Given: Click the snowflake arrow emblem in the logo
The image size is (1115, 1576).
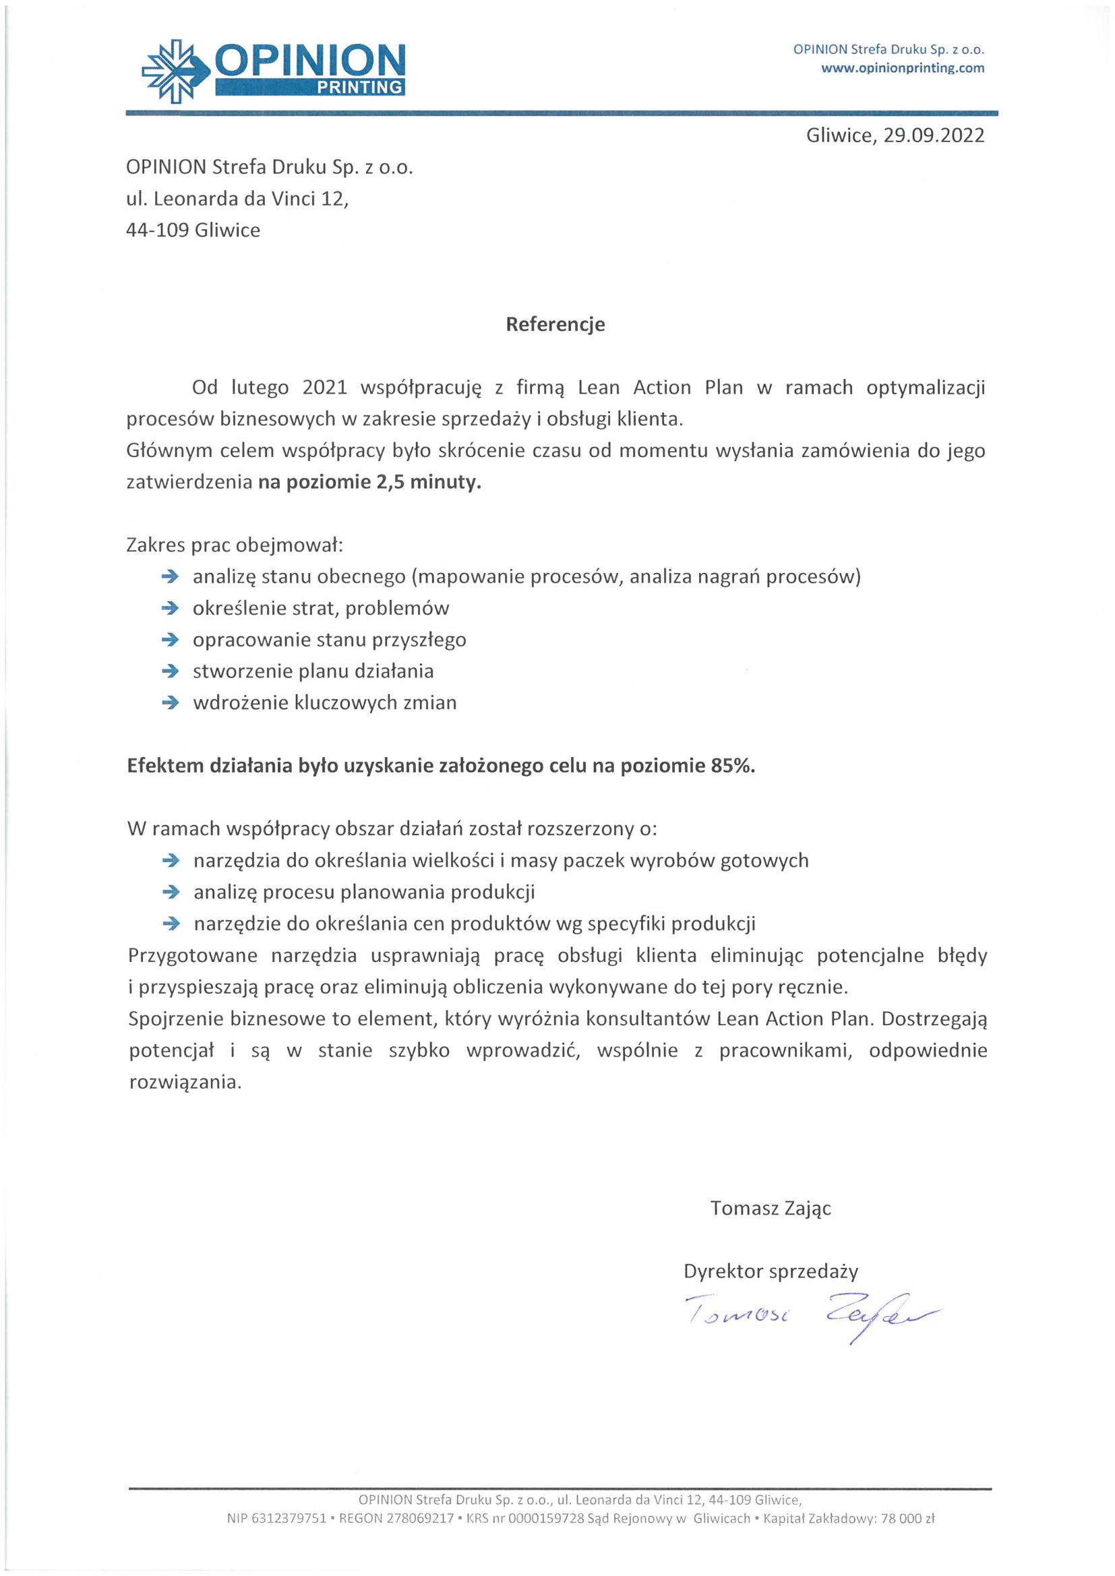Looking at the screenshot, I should [x=175, y=71].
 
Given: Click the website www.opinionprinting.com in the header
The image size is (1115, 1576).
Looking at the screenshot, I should [x=902, y=68].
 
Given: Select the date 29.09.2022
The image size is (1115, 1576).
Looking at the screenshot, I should [x=933, y=135].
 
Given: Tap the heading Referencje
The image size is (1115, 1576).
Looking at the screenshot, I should [x=555, y=324].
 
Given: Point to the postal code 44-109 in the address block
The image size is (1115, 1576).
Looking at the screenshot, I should [x=157, y=230].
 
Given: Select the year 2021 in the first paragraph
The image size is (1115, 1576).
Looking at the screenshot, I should [x=325, y=388].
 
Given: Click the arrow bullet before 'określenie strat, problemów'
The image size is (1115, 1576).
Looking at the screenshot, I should [x=170, y=608].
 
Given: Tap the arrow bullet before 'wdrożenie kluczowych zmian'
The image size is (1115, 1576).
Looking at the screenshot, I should [x=170, y=703].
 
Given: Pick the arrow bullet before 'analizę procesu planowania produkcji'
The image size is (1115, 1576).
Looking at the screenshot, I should [x=171, y=892].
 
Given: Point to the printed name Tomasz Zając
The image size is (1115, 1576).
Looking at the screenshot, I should [x=771, y=1208].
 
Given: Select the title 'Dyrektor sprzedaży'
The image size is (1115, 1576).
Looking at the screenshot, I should [x=771, y=1271].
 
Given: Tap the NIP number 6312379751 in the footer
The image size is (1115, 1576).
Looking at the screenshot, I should [x=289, y=1518].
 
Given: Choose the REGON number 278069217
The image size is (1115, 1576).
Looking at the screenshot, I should [x=420, y=1518].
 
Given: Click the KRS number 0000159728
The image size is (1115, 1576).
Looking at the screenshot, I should [x=546, y=1518].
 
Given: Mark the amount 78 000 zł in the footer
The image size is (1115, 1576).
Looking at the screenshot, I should [x=907, y=1518].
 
